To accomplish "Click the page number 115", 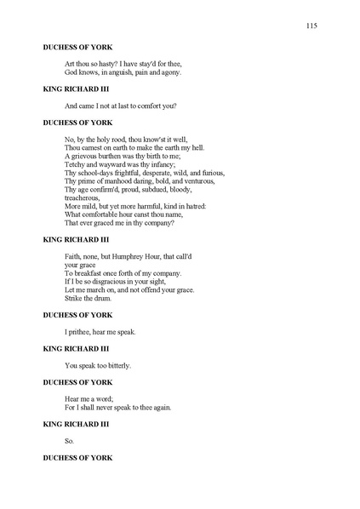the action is pyautogui.click(x=311, y=26).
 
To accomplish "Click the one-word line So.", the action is pyautogui.click(x=70, y=441).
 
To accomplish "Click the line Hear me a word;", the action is pyautogui.click(x=89, y=398).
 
